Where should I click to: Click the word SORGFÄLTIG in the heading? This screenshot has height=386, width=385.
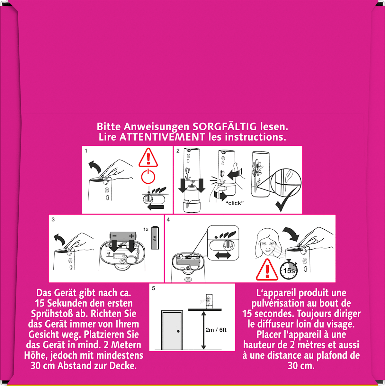(x=224, y=127)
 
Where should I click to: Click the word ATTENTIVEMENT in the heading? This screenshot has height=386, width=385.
(x=162, y=137)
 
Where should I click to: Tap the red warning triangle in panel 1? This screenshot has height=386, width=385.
(x=148, y=158)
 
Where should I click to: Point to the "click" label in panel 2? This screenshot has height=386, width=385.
(x=235, y=203)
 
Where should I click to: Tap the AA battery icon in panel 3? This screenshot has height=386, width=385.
(x=155, y=238)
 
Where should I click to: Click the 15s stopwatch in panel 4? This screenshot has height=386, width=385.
(x=289, y=270)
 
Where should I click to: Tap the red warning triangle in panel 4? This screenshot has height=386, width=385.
(x=267, y=270)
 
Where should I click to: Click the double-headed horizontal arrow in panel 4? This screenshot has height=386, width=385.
(x=223, y=255)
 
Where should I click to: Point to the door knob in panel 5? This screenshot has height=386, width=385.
(x=178, y=331)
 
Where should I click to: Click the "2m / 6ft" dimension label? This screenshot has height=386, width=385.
(x=216, y=330)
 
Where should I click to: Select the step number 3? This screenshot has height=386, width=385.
(x=53, y=220)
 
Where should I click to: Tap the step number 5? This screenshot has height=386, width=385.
(x=153, y=289)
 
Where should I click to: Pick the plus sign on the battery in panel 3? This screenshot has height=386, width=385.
(x=131, y=236)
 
